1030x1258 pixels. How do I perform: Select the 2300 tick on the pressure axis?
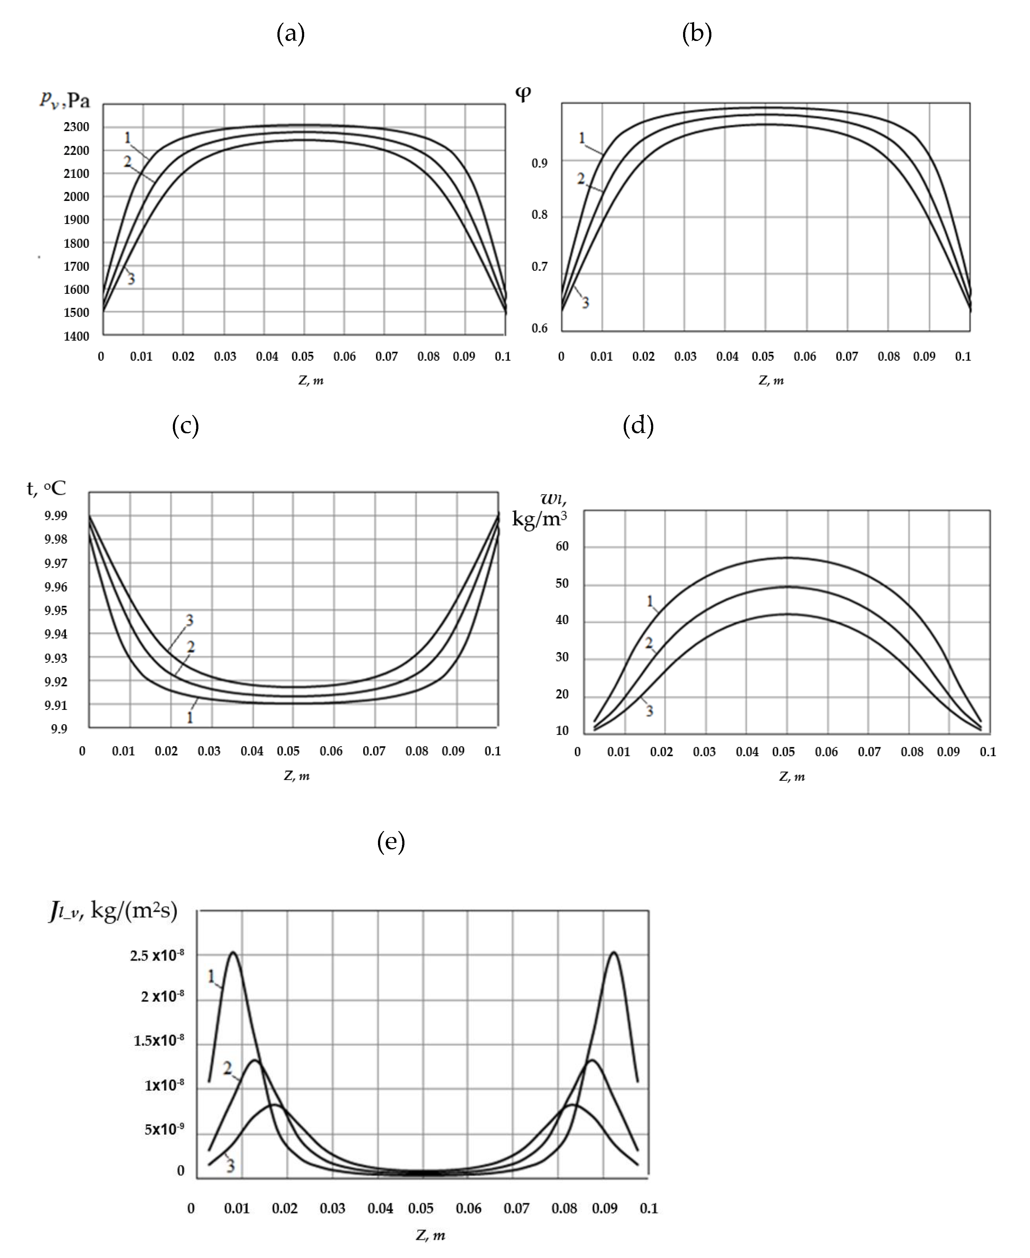pyautogui.click(x=77, y=127)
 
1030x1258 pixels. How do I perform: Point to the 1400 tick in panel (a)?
pyautogui.click(x=77, y=336)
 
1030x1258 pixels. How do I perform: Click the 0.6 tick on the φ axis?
pyautogui.click(x=539, y=328)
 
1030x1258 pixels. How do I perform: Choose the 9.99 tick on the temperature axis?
pyautogui.click(x=56, y=515)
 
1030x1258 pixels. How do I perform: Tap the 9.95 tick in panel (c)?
pyautogui.click(x=56, y=610)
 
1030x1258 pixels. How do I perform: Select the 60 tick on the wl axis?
pyautogui.click(x=562, y=546)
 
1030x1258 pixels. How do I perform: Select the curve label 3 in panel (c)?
pyautogui.click(x=189, y=620)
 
